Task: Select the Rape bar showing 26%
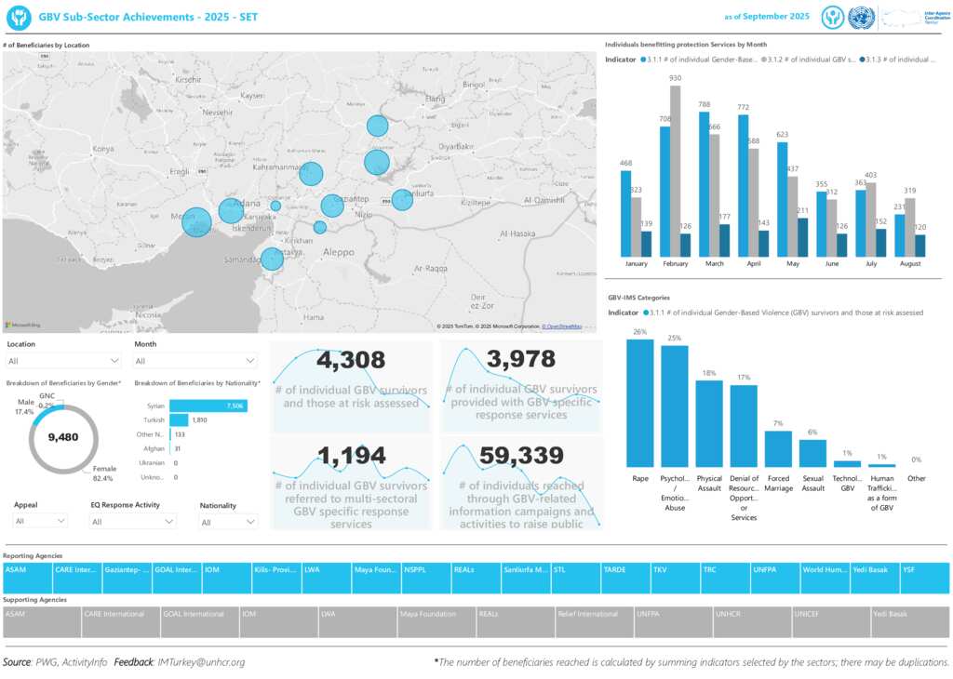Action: click(x=640, y=403)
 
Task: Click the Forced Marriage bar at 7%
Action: click(x=778, y=448)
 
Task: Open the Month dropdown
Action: click(x=195, y=361)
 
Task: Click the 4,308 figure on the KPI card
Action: click(x=351, y=360)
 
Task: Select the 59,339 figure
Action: click(x=521, y=455)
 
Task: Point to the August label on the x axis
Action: click(x=910, y=264)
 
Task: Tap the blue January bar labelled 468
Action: click(x=625, y=213)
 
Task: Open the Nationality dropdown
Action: click(x=228, y=522)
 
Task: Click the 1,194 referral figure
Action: click(x=351, y=455)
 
